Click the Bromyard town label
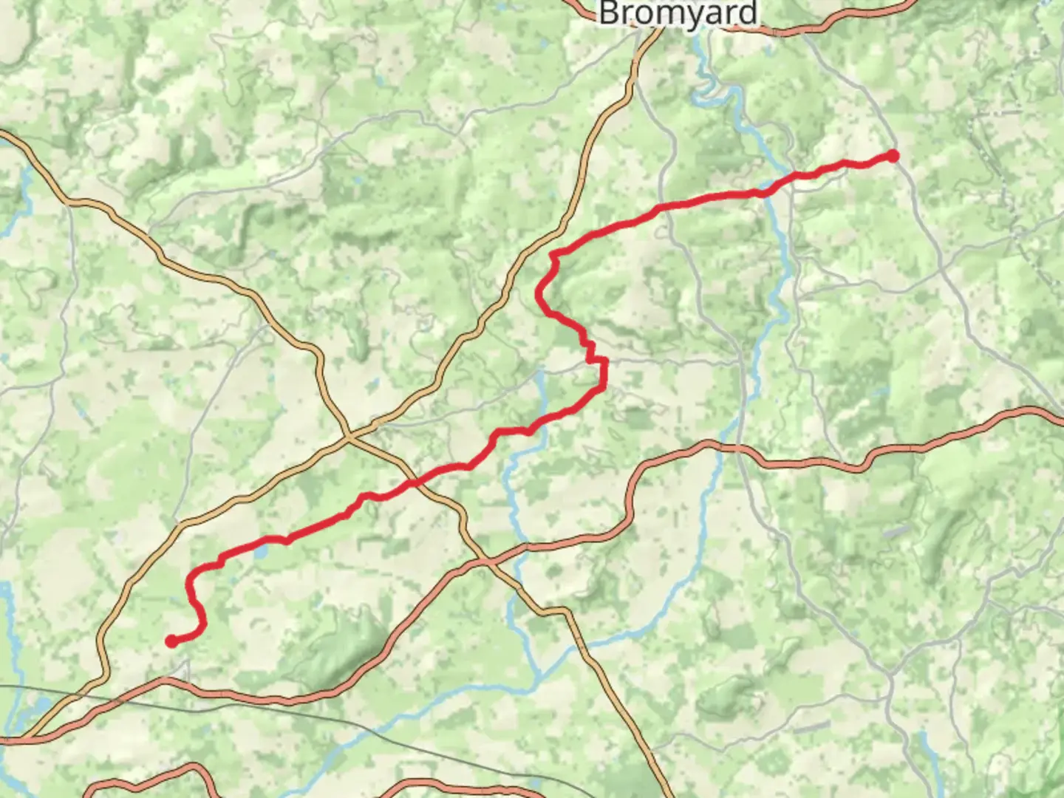click(678, 13)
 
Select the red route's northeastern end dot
click(893, 156)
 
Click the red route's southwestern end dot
click(171, 641)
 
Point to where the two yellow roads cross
click(350, 438)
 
